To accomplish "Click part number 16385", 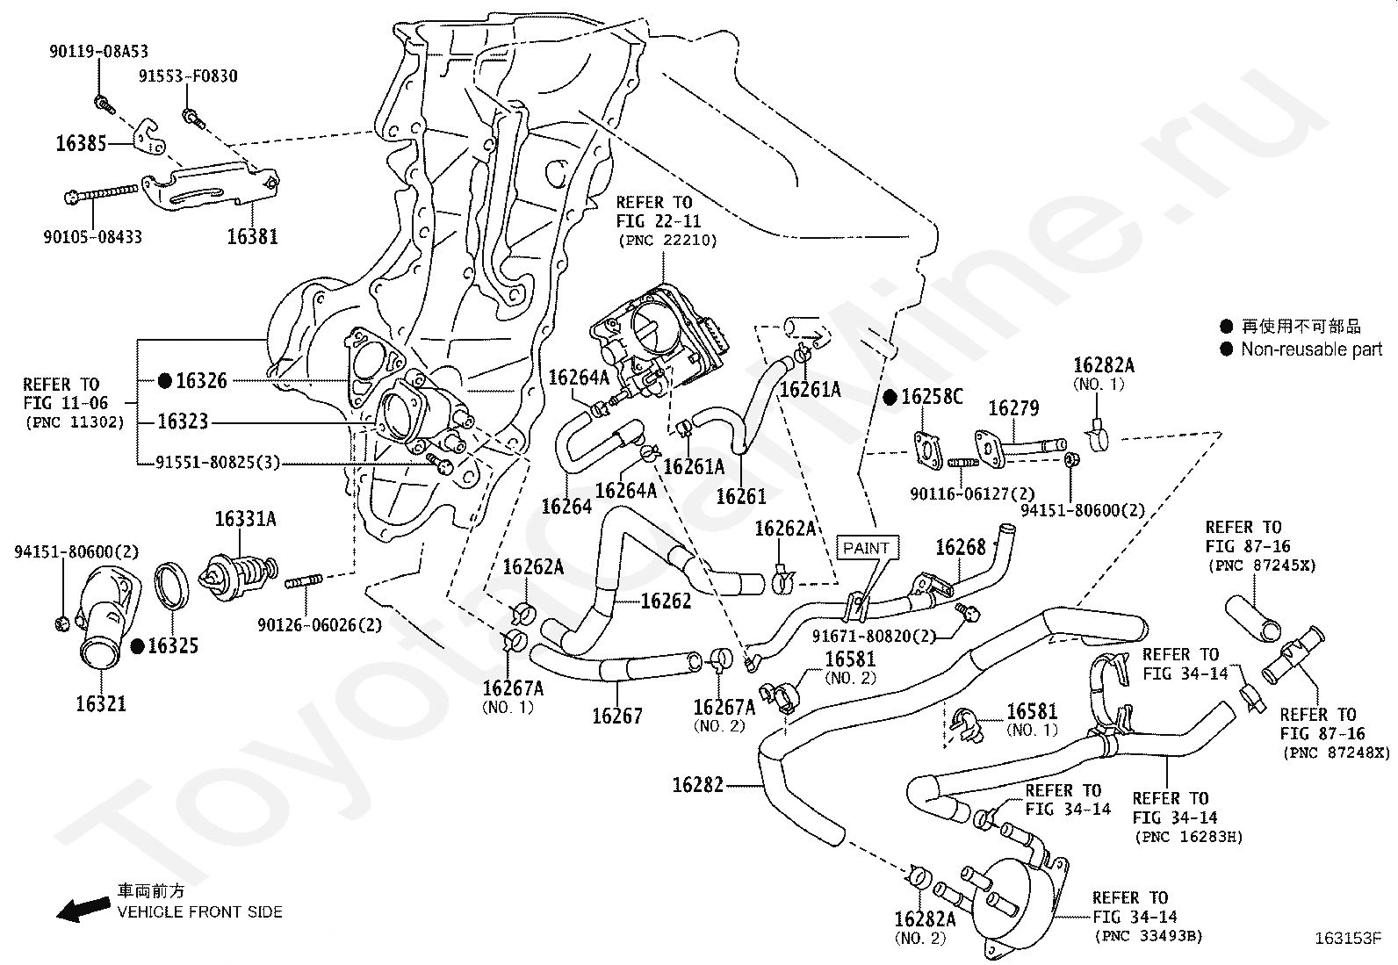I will coord(81,143).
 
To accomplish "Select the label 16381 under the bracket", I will coord(252,235).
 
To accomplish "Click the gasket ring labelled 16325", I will coord(172,585).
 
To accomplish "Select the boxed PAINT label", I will coord(866,548).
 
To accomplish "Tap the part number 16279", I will coord(1013,408).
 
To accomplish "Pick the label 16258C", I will coord(933,398).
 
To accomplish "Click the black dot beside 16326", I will coord(164,380).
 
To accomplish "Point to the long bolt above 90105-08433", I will coord(103,194).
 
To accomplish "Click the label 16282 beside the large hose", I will coord(698,784).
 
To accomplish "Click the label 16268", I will coord(961,548).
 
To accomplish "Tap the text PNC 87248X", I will coord(1337,753).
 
